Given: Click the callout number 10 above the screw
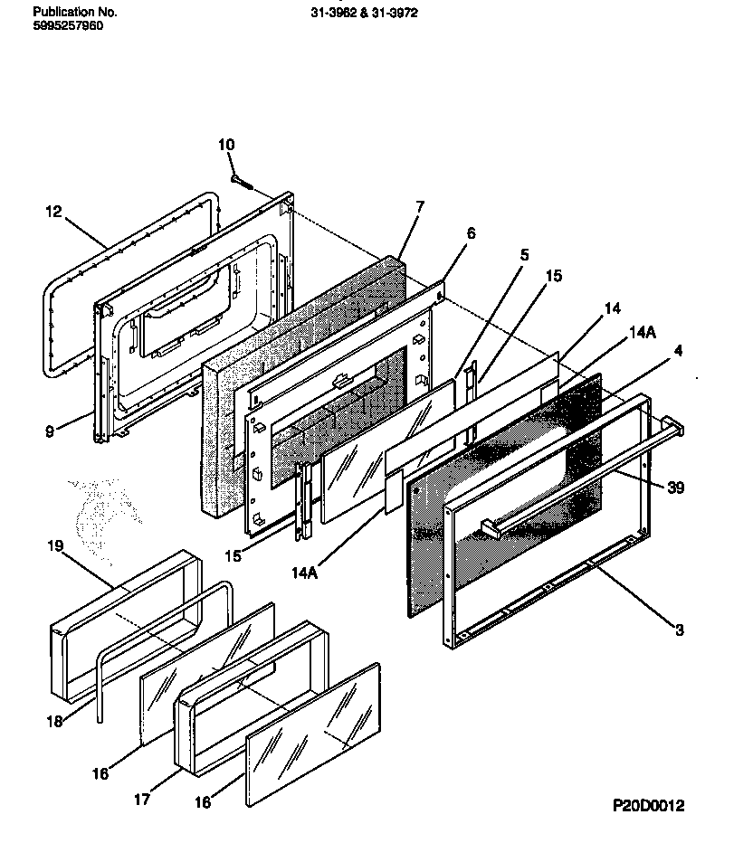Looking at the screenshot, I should [x=226, y=144].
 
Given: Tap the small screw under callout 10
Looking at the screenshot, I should [x=239, y=181].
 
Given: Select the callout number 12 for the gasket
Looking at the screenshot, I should [x=53, y=212].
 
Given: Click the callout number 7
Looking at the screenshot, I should [x=419, y=207].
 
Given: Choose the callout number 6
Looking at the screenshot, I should [x=470, y=232].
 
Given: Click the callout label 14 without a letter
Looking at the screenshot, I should [x=613, y=308].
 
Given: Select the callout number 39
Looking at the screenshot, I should [x=674, y=488].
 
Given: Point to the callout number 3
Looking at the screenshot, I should [x=679, y=630].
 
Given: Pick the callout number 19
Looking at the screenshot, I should [x=55, y=546].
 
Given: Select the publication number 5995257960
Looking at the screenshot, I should [x=68, y=26].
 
